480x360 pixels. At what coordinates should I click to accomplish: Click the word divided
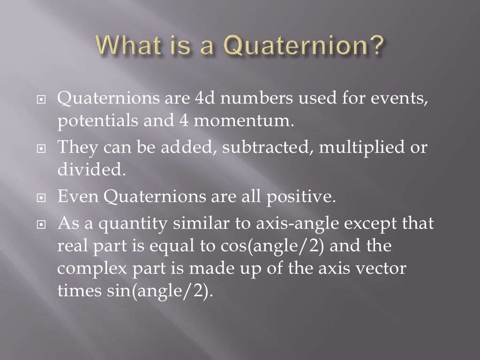[92, 169]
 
